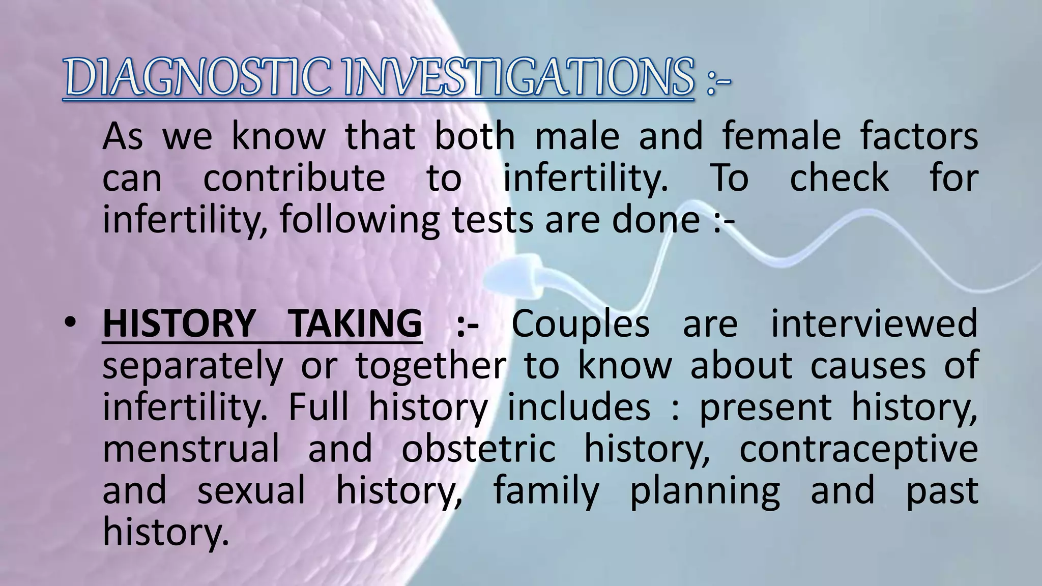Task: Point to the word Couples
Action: tap(581, 324)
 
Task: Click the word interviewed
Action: tap(874, 324)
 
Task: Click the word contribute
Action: tap(294, 179)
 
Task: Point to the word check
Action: tap(839, 179)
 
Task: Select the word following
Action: tap(359, 221)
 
